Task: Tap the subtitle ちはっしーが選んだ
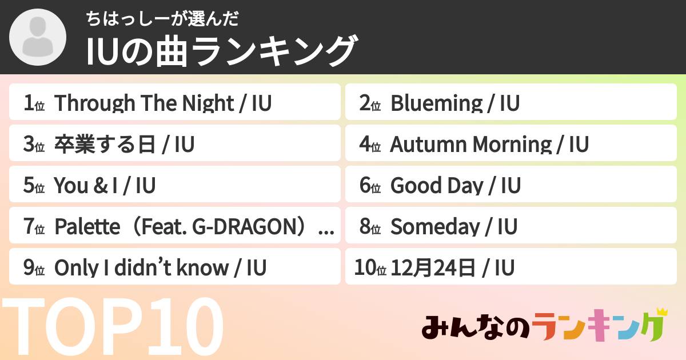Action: tap(162, 19)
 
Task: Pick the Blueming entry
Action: tap(436, 103)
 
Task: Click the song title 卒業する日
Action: tap(105, 145)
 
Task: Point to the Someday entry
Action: tap(434, 227)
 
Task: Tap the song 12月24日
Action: tap(433, 268)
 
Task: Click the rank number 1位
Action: tap(34, 103)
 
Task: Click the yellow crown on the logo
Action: tap(662, 312)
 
